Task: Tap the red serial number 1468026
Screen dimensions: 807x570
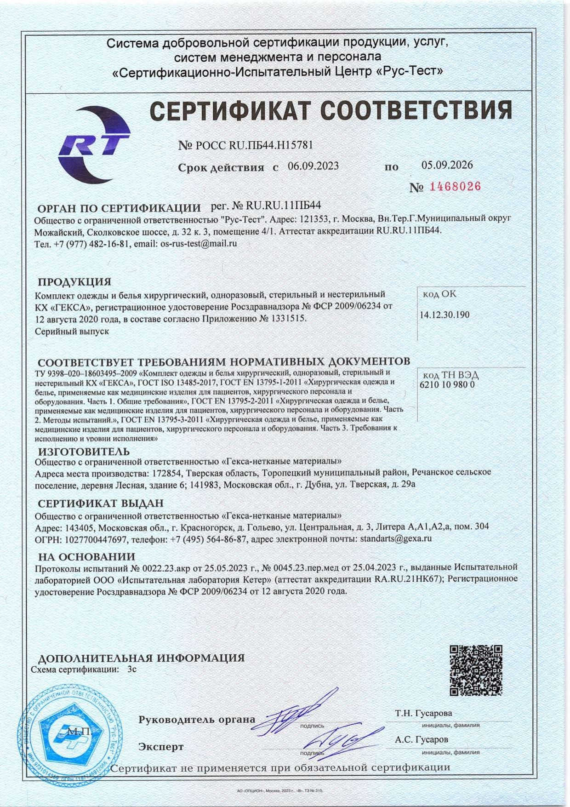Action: coord(455,186)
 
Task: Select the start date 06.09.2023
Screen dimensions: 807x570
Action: coord(313,166)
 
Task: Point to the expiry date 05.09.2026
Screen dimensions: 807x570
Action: coord(447,165)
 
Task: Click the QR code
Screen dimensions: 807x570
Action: coord(475,670)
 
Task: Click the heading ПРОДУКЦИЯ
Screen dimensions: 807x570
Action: coord(74,281)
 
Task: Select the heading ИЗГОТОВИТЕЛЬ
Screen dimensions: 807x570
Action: coord(84,451)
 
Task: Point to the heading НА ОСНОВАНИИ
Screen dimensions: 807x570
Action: coord(86,556)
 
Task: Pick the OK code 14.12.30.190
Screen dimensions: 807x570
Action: coord(445,315)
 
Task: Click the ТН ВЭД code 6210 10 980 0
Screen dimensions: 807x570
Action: coord(447,384)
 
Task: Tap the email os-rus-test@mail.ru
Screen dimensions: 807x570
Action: coord(198,244)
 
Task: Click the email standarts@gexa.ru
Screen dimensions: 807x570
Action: coord(396,538)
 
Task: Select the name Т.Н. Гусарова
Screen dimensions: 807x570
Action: coord(423,713)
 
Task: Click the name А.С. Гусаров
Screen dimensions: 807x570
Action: coord(421,739)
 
